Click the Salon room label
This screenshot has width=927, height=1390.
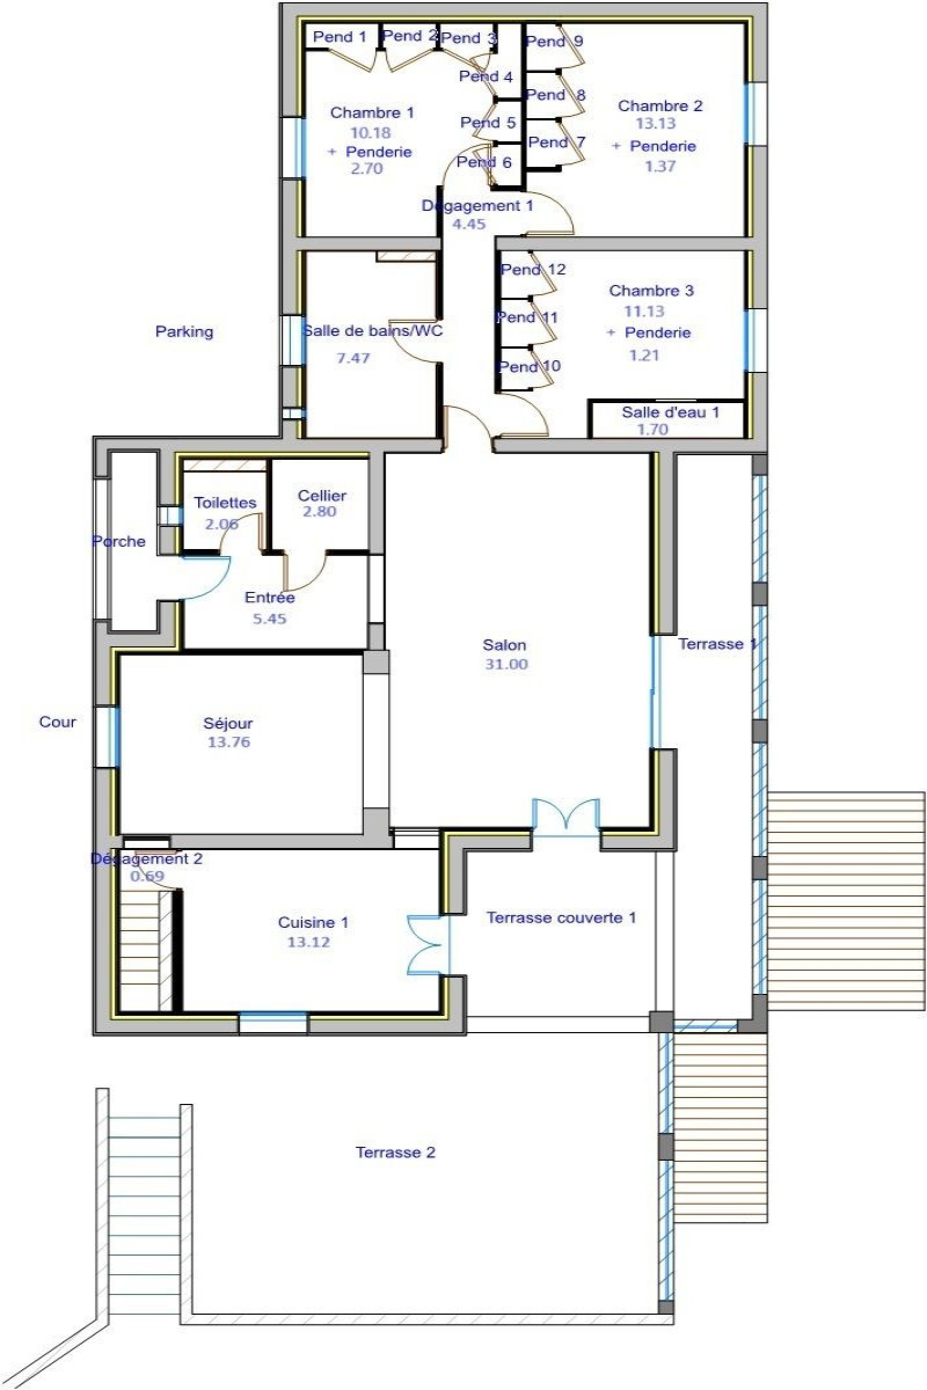pyautogui.click(x=503, y=645)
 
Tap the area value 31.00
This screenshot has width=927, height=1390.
pyautogui.click(x=506, y=664)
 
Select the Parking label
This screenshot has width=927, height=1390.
pyautogui.click(x=184, y=331)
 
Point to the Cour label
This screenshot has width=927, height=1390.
pyautogui.click(x=57, y=722)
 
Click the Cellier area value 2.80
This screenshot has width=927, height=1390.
pyautogui.click(x=319, y=512)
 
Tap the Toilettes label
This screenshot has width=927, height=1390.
pyautogui.click(x=225, y=503)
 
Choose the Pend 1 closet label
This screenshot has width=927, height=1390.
pyautogui.click(x=340, y=37)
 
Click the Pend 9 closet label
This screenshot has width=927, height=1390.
pyautogui.click(x=554, y=41)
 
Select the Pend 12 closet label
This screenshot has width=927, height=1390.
pyautogui.click(x=532, y=270)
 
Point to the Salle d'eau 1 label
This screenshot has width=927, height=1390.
pyautogui.click(x=670, y=412)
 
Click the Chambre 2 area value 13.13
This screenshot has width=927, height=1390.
pyautogui.click(x=655, y=123)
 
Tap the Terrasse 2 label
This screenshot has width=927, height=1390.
pyautogui.click(x=395, y=1153)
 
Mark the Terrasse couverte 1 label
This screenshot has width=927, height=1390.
pyautogui.click(x=560, y=918)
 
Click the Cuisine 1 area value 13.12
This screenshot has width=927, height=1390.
pyautogui.click(x=308, y=943)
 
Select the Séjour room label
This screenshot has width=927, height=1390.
pyautogui.click(x=228, y=723)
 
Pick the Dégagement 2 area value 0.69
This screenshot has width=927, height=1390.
pyautogui.click(x=147, y=876)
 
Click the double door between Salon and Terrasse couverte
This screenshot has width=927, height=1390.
pyautogui.click(x=566, y=816)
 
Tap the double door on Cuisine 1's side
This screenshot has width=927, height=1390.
pyautogui.click(x=425, y=945)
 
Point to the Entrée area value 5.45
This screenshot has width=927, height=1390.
pyautogui.click(x=269, y=619)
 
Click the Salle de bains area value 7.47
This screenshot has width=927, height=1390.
pyautogui.click(x=353, y=358)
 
